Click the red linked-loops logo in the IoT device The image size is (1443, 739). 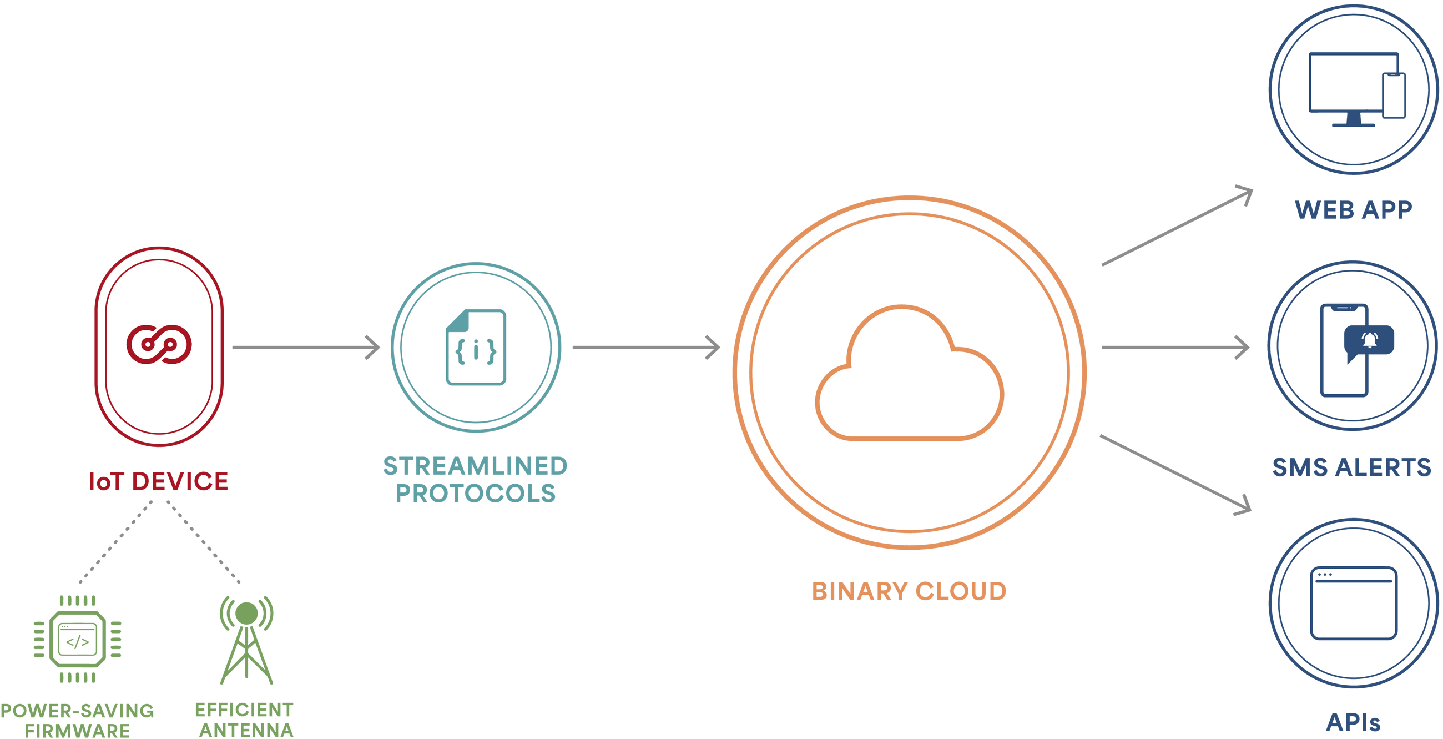click(159, 344)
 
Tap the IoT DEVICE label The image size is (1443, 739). click(159, 481)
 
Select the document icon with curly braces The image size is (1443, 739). click(476, 348)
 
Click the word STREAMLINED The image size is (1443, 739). click(475, 466)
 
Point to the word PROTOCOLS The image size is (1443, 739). click(476, 494)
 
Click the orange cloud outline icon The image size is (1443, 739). click(909, 373)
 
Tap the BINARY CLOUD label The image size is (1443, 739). click(909, 591)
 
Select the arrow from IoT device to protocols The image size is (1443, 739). click(305, 348)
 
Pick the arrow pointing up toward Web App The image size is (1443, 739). click(1177, 227)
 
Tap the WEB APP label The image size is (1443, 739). click(1353, 210)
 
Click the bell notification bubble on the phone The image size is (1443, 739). click(1369, 340)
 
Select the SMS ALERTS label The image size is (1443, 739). click(1351, 467)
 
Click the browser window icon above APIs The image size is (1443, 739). click(1354, 603)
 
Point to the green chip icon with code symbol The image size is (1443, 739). click(77, 639)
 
